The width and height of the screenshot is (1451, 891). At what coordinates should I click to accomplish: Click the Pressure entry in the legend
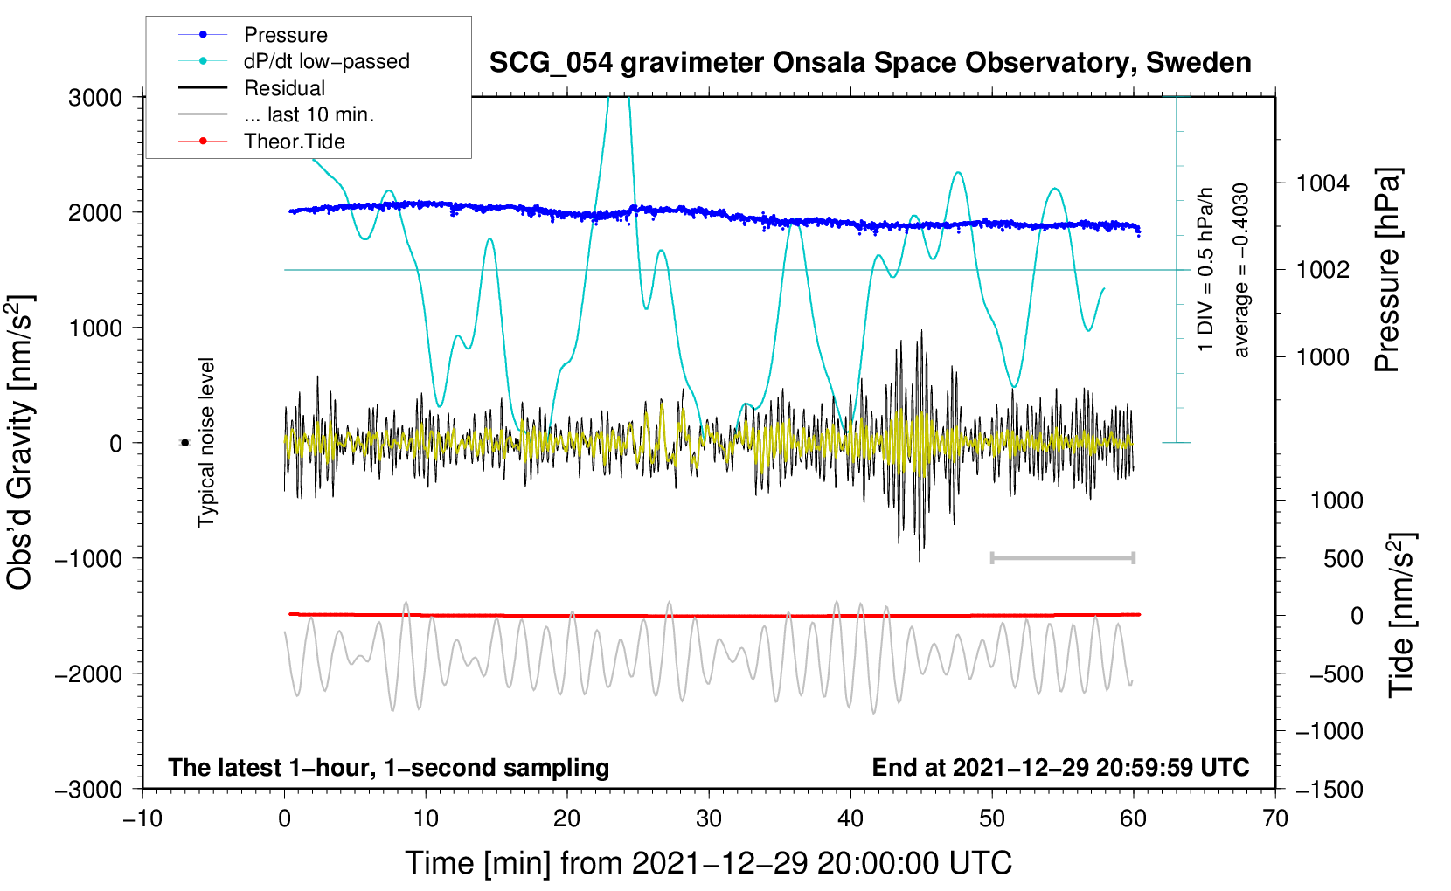[x=285, y=35]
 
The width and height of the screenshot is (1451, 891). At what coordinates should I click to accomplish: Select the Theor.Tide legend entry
[x=294, y=142]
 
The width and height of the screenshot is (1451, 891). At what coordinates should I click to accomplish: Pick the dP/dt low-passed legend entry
[x=326, y=61]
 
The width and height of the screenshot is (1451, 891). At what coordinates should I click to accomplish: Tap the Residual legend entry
[x=284, y=88]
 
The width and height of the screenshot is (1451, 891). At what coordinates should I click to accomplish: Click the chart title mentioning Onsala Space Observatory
[x=870, y=63]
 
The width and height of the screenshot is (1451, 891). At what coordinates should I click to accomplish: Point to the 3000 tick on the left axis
[x=95, y=98]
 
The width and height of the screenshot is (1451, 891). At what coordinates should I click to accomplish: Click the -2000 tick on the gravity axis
[x=88, y=673]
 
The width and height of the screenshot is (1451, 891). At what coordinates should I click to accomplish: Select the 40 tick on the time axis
[x=850, y=818]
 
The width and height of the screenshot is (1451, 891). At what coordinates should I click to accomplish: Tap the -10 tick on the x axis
[x=142, y=818]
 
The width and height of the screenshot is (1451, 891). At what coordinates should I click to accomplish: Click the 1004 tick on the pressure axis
[x=1323, y=183]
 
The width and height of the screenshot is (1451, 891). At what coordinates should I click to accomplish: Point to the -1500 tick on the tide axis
[x=1329, y=789]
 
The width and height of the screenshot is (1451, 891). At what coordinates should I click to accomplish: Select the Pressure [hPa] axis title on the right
[x=1387, y=271]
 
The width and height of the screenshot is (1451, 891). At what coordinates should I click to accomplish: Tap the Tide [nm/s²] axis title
[x=1400, y=616]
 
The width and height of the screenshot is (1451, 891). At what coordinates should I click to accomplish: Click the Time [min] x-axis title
[x=708, y=863]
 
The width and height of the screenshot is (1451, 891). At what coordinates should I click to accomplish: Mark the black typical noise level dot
[x=184, y=443]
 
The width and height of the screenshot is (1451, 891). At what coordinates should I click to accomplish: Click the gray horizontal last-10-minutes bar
[x=1062, y=557]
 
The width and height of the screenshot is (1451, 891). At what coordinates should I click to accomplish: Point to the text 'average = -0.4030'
[x=1241, y=271]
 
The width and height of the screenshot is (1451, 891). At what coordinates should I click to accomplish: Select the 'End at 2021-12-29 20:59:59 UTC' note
[x=1060, y=767]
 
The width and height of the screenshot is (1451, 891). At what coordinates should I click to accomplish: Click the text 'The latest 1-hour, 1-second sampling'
[x=388, y=767]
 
